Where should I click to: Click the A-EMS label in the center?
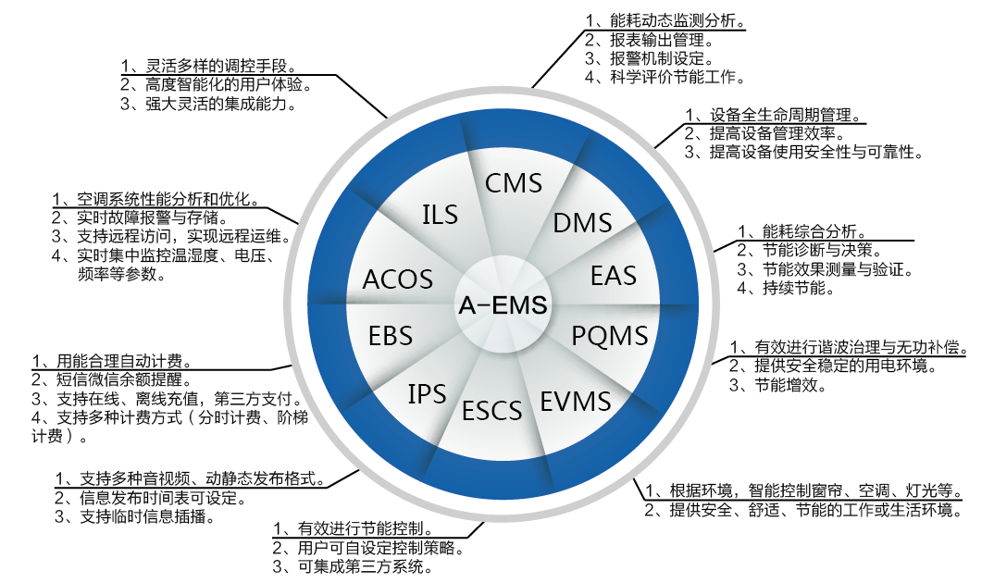tap(503, 303)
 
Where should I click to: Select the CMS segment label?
tap(514, 182)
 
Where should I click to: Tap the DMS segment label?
tap(582, 222)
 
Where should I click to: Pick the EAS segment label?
tap(614, 276)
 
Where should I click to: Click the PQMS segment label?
tap(609, 334)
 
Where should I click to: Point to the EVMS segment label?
tap(576, 401)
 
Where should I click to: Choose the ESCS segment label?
tap(492, 409)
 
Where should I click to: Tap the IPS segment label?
tap(427, 394)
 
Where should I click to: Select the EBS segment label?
tap(391, 334)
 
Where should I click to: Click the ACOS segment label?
tap(398, 279)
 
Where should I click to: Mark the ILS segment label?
tap(440, 215)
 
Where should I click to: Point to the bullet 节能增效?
tap(784, 385)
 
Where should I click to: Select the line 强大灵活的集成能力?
tap(215, 104)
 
